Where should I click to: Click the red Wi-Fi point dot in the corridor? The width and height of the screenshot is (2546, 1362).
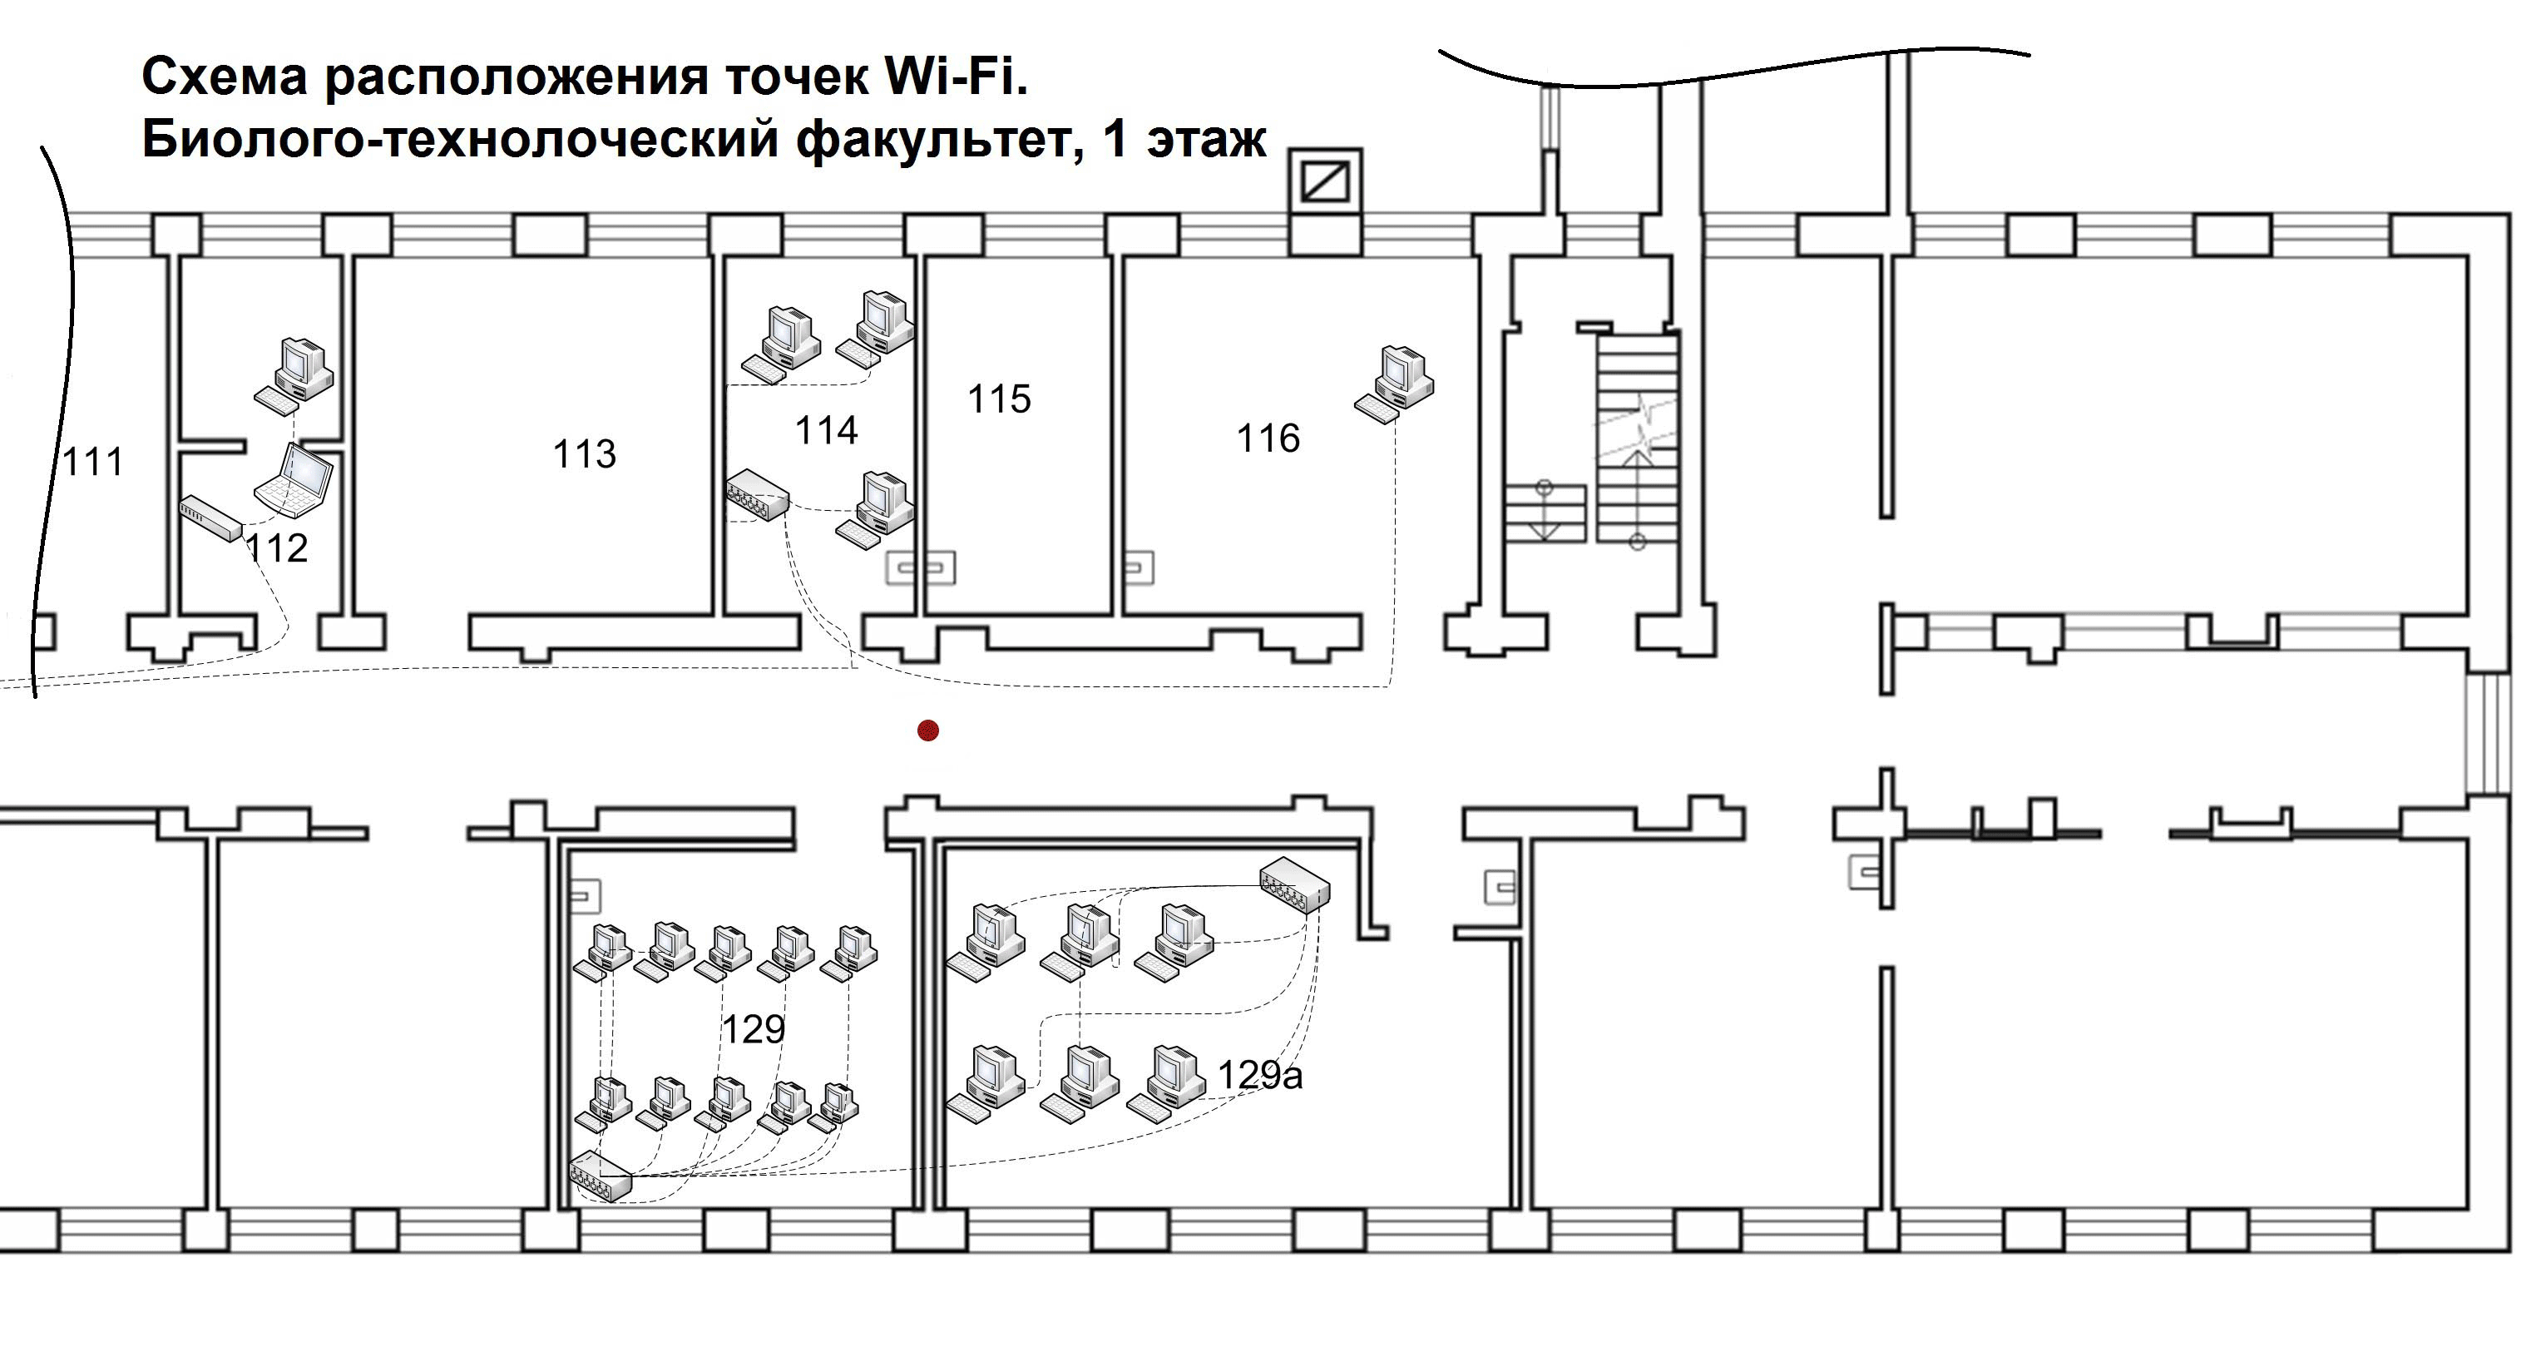927,731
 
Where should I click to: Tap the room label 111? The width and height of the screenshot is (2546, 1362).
93,462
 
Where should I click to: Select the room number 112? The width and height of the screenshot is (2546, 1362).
277,547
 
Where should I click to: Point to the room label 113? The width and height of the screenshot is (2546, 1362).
584,453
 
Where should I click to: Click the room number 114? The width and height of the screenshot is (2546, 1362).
826,430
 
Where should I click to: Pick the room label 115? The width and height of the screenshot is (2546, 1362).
999,399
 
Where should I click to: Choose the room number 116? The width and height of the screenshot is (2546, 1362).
1268,438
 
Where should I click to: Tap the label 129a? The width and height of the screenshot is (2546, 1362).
1259,1075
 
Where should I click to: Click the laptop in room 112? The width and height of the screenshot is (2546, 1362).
295,482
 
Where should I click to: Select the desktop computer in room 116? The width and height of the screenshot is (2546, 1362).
1396,383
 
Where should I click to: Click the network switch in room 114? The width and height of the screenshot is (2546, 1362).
758,494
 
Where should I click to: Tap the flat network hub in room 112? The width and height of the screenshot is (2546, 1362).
210,518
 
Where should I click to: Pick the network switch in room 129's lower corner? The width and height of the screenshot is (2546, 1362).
600,1176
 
